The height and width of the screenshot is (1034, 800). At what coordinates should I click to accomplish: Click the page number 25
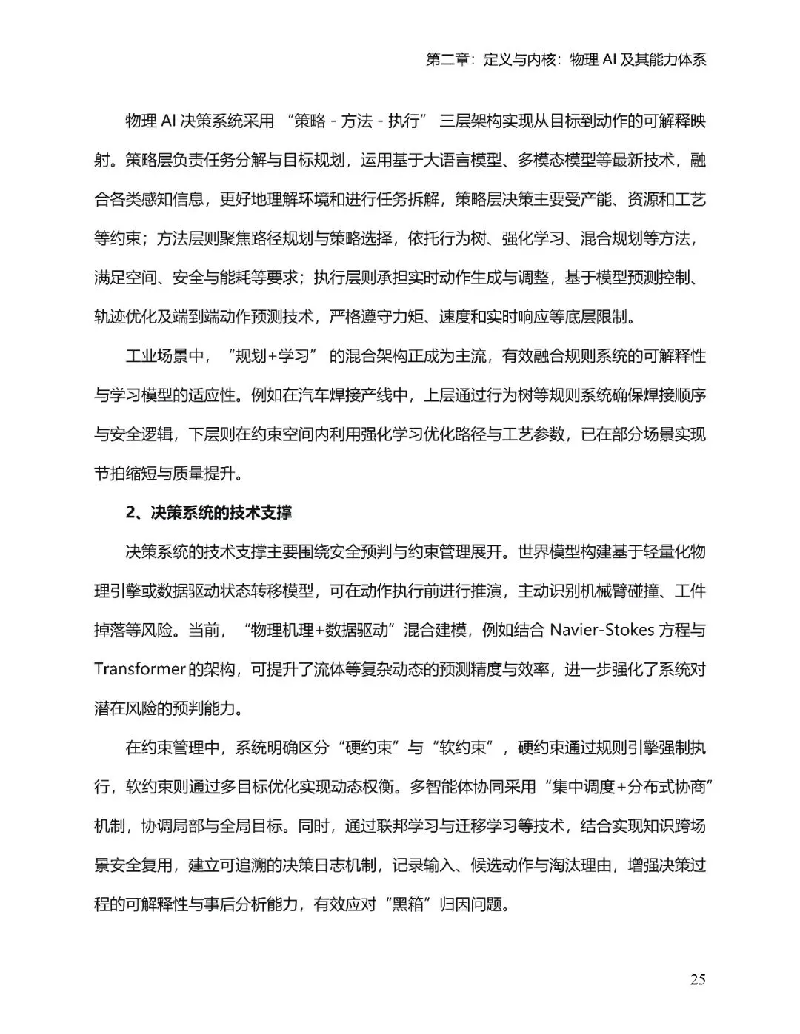697,979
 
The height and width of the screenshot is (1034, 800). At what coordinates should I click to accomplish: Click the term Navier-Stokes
601,630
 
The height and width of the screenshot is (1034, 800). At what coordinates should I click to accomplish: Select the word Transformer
139,669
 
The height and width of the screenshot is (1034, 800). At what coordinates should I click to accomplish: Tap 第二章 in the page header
449,60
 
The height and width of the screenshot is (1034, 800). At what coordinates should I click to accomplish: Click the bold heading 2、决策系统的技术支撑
209,512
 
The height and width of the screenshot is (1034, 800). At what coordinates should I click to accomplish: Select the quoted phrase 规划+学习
270,356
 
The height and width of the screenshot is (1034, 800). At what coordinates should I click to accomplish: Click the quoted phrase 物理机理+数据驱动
322,630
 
